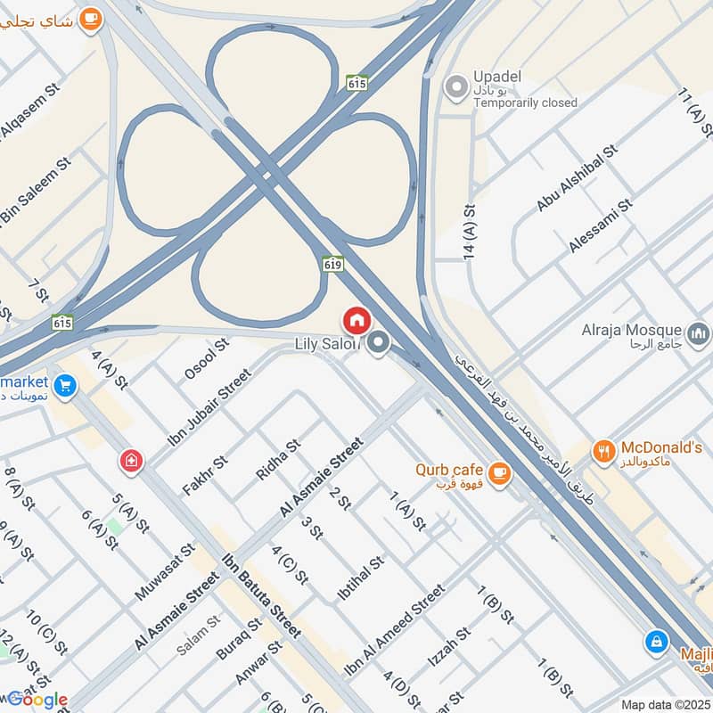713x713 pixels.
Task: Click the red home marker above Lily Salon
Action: [x=356, y=320]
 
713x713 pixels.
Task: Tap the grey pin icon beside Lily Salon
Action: [x=380, y=342]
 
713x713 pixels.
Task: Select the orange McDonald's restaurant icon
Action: [x=604, y=453]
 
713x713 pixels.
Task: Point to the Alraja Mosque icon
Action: [x=701, y=333]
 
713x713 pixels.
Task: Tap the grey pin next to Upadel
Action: [x=457, y=87]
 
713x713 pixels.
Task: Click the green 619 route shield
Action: [x=332, y=265]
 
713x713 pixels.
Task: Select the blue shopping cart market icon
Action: [x=64, y=386]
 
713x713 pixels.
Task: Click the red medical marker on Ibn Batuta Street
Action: [x=131, y=461]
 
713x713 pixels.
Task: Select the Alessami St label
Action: [x=601, y=225]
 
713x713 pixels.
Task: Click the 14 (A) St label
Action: [x=470, y=232]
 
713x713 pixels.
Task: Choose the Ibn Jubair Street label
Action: [x=210, y=406]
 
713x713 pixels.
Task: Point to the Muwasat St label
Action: [x=165, y=571]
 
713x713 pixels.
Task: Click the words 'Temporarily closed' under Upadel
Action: [x=525, y=102]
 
